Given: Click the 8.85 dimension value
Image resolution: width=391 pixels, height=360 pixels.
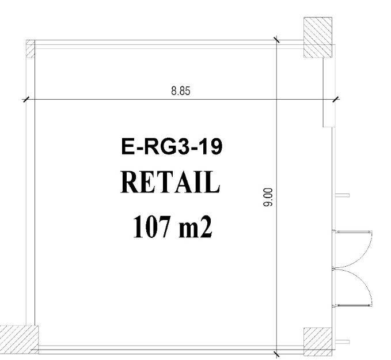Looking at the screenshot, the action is (x=181, y=91).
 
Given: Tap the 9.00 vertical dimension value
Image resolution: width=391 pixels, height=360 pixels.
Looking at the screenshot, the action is (x=268, y=198).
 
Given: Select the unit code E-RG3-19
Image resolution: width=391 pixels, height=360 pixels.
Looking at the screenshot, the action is (x=172, y=147).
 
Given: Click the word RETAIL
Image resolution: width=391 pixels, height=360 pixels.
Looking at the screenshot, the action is (x=170, y=182).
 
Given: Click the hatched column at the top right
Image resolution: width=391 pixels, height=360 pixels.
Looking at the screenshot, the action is (x=318, y=37).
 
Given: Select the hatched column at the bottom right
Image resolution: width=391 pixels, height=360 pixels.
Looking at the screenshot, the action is (x=318, y=342).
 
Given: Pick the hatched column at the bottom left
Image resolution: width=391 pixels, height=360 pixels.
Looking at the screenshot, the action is (x=19, y=339).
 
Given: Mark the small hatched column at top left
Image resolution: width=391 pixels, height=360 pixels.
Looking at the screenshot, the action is (x=31, y=48).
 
